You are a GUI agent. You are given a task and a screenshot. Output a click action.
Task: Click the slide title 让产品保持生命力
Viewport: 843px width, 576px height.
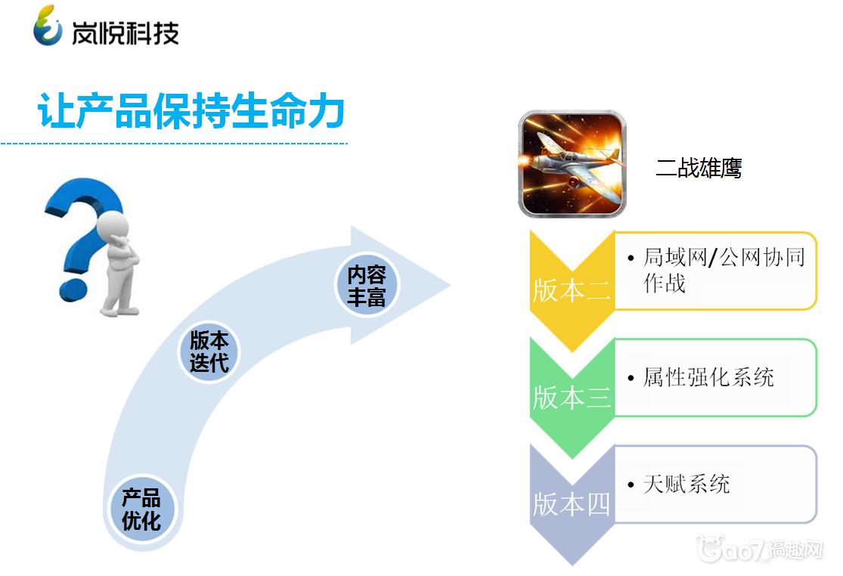[x=191, y=110]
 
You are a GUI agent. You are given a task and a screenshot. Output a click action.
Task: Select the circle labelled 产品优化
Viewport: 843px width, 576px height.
[x=141, y=509]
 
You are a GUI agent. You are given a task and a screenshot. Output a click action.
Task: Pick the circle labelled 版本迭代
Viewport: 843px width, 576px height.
[x=209, y=351]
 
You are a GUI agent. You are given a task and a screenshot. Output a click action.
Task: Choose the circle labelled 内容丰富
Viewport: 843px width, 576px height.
[x=367, y=285]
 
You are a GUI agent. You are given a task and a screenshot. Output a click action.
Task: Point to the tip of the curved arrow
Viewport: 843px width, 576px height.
[x=449, y=284]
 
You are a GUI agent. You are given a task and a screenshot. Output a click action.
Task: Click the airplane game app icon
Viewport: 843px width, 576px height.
[x=572, y=164]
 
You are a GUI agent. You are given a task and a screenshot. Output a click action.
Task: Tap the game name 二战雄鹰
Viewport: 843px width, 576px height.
[x=699, y=168]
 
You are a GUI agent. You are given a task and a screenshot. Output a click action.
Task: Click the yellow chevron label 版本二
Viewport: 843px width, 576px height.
[x=572, y=291]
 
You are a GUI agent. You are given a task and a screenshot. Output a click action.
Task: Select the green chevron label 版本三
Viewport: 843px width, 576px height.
[x=572, y=398]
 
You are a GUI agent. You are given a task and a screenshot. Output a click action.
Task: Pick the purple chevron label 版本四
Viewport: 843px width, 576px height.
[x=572, y=504]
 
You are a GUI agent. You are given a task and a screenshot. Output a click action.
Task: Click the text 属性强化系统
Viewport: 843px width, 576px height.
[x=708, y=377]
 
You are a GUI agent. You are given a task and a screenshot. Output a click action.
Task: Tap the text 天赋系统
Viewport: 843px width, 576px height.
[x=686, y=484]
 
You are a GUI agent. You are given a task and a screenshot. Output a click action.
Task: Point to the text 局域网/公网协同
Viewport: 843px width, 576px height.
[x=724, y=257]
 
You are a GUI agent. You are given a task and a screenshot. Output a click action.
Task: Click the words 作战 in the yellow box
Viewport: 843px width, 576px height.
[x=665, y=283]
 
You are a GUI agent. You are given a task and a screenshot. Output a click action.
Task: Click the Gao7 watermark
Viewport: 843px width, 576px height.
[x=759, y=549]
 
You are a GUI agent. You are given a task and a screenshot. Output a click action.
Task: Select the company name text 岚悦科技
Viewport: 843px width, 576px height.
[x=126, y=33]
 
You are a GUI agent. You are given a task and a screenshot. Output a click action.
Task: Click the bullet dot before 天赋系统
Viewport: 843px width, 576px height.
[x=631, y=485]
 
